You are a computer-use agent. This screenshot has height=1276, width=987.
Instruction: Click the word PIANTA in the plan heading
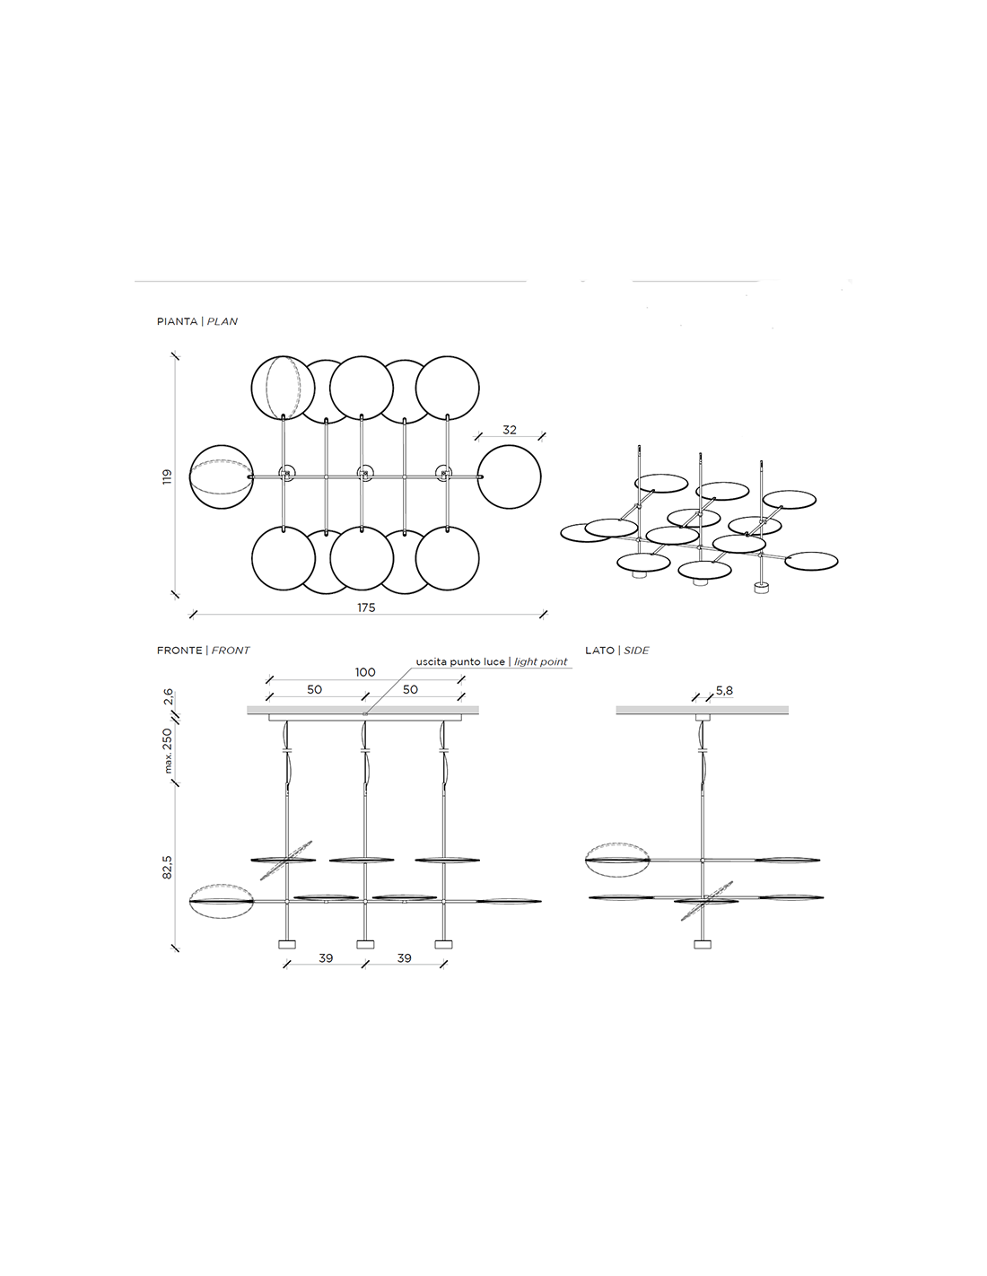point(177,321)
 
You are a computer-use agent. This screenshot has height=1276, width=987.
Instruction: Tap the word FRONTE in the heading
point(179,650)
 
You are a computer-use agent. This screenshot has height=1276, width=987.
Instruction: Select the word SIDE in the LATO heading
point(636,650)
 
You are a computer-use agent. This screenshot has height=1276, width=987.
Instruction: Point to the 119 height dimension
point(167,476)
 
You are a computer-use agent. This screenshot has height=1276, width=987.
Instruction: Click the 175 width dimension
point(366,607)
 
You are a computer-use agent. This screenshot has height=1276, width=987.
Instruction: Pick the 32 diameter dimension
point(510,430)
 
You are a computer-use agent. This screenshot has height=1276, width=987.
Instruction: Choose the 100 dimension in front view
point(365,672)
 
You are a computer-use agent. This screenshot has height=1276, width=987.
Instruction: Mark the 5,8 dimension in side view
point(724,691)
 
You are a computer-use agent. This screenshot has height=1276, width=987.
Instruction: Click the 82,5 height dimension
point(167,867)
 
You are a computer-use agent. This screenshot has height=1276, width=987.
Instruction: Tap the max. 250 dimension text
point(167,750)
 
